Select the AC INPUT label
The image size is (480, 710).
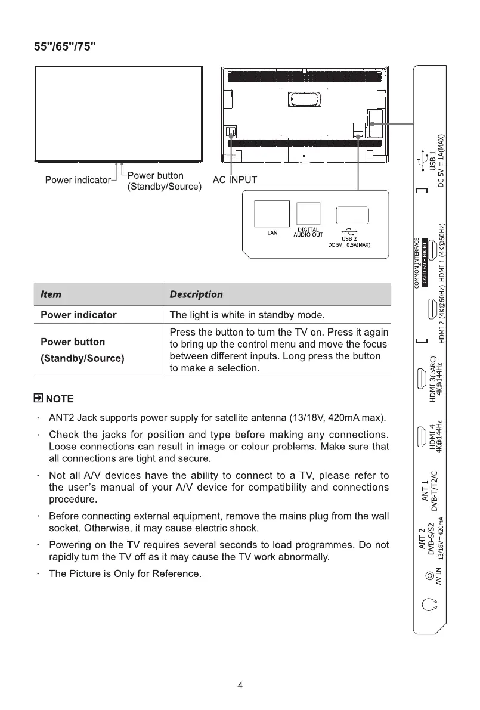click(x=235, y=180)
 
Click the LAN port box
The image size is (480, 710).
click(x=272, y=213)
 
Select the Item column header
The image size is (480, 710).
click(x=51, y=294)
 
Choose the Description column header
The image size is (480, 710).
click(x=196, y=294)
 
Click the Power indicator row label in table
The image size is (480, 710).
click(x=78, y=315)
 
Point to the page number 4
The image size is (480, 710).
click(x=240, y=685)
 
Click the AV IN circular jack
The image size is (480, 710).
click(x=428, y=576)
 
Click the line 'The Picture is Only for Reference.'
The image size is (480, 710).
click(x=125, y=574)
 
